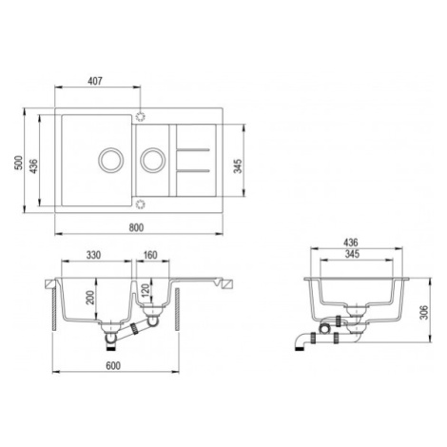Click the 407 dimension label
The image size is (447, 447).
(95, 81)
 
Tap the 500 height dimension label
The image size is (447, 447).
(19, 163)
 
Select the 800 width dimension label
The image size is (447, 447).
(136, 227)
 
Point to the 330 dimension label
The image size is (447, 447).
(93, 255)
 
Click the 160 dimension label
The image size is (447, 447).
(150, 255)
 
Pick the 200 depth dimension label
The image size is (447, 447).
(90, 298)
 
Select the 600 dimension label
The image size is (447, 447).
(113, 366)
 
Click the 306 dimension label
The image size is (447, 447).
(424, 313)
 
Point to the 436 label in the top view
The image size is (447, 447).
(33, 165)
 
